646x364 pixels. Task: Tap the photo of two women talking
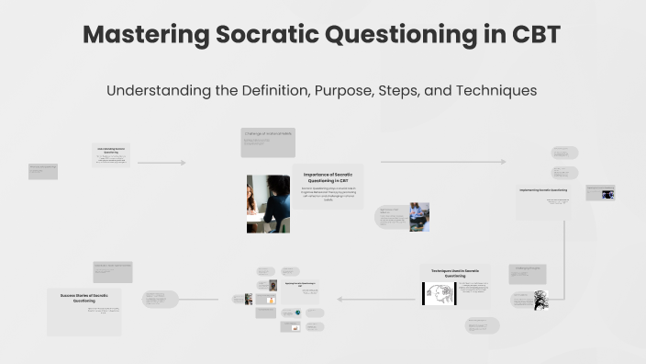[268, 203]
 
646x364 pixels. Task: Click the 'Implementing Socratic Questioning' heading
[543, 190]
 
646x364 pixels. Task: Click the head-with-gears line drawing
[439, 294]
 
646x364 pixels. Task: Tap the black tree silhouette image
[541, 300]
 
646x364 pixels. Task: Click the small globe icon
[297, 313]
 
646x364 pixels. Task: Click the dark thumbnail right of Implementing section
[607, 193]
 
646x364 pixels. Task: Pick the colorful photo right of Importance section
[418, 216]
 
